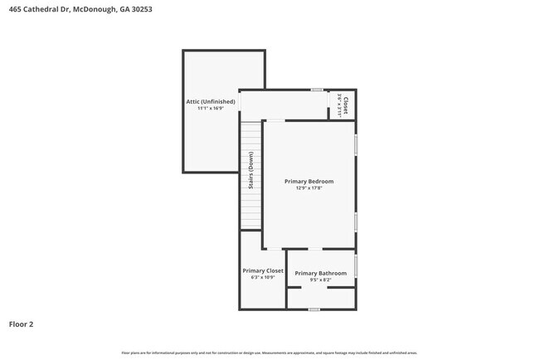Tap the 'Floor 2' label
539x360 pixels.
[x=22, y=324]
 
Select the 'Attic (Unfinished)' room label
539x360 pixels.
[x=211, y=101]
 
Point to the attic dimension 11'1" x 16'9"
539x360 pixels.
[x=211, y=109]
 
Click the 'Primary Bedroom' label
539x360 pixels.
[x=308, y=181]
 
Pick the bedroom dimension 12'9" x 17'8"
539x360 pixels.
[x=308, y=188]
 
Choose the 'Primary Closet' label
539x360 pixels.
[x=263, y=270]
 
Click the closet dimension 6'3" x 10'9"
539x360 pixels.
[x=263, y=278]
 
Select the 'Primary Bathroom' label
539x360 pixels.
[x=320, y=273]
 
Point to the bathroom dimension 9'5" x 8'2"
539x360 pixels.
[x=320, y=280]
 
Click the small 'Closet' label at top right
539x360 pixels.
[x=346, y=105]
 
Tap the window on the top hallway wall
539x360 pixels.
[x=317, y=90]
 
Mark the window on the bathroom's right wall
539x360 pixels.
[x=356, y=266]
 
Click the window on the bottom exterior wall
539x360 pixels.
[x=313, y=309]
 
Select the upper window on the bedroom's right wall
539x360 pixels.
[x=356, y=145]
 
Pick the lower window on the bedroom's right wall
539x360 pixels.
[x=356, y=221]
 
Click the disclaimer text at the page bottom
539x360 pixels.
[x=269, y=353]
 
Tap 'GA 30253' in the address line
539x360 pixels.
[x=136, y=10]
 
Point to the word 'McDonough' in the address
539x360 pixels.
[x=95, y=10]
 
